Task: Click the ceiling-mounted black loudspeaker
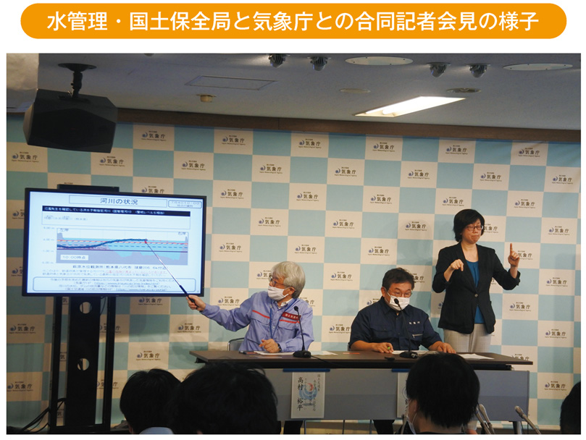pos(70,120)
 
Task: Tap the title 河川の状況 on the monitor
pos(114,199)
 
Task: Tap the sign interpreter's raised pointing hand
pos(512,255)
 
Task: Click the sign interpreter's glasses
pos(472,228)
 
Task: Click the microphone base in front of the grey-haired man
pos(301,353)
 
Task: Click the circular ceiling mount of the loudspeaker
pos(77,69)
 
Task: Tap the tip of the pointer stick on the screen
pos(146,241)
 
